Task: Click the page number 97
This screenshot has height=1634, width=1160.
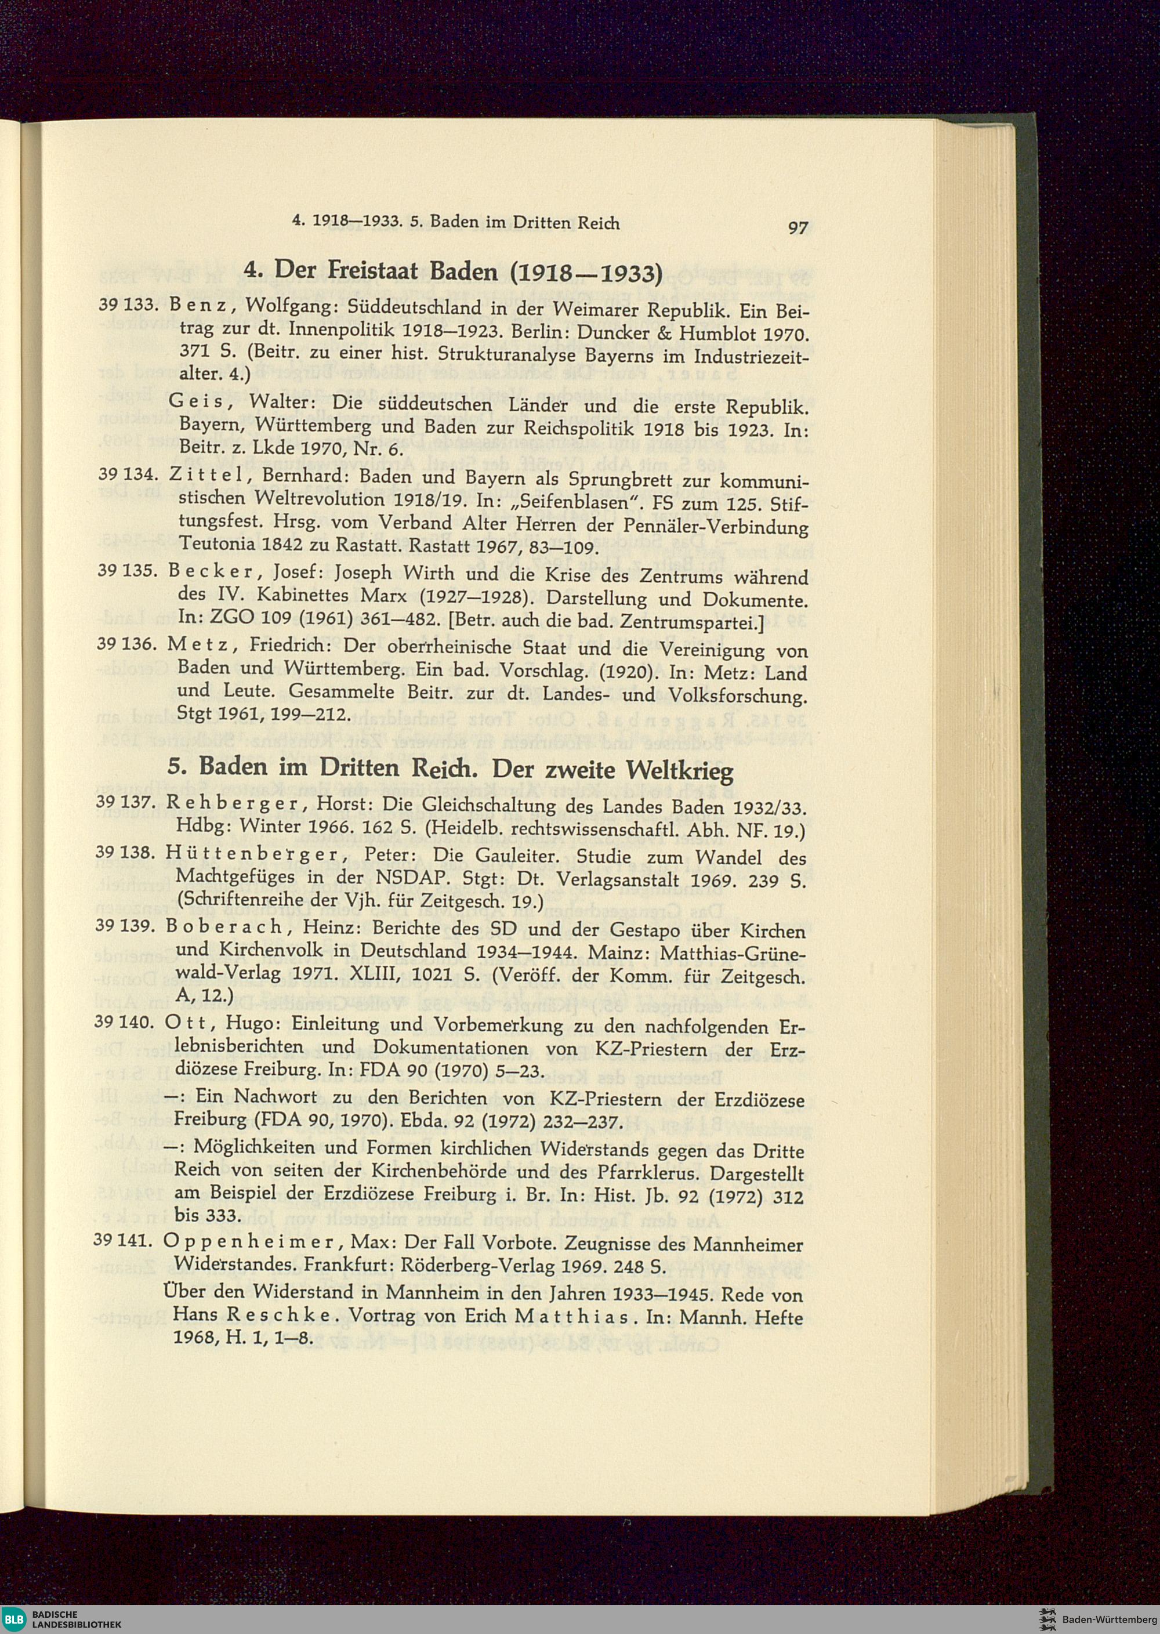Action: (x=796, y=228)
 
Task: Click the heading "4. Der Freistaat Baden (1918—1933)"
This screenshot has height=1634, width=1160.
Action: (x=453, y=271)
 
